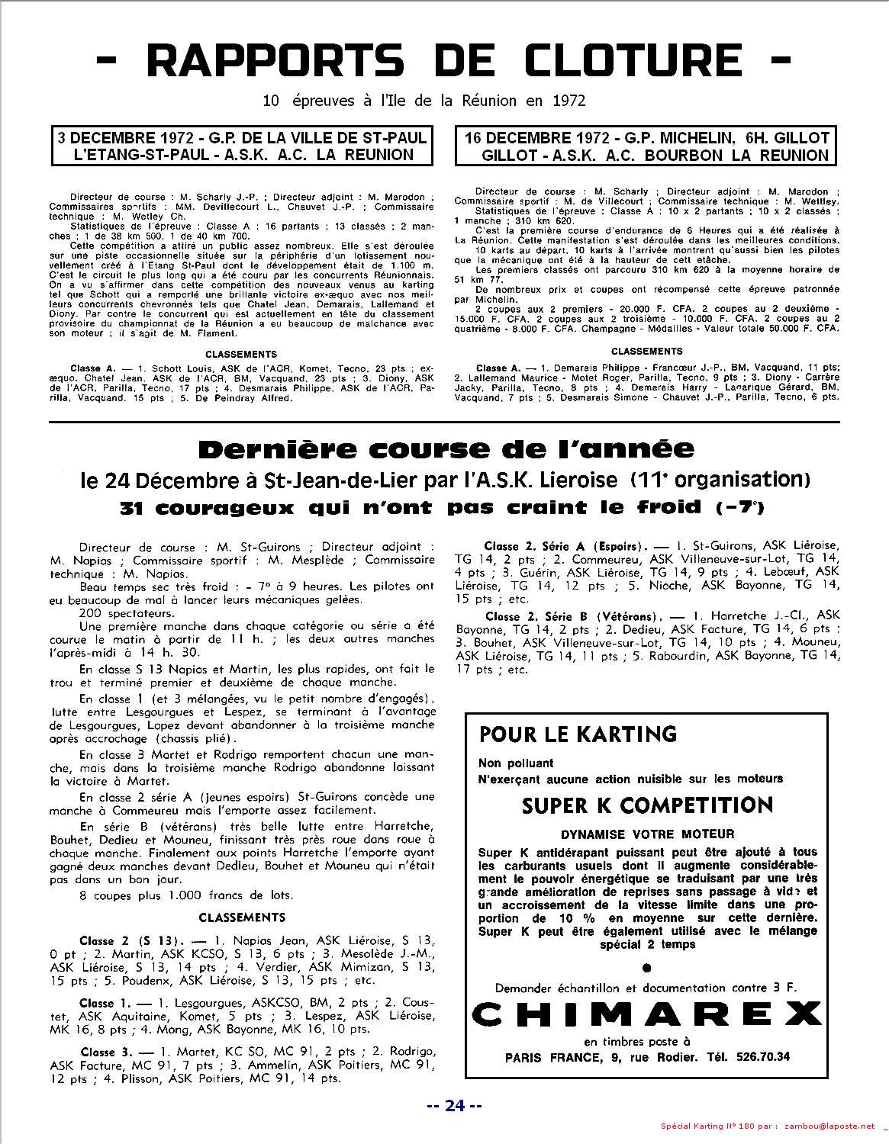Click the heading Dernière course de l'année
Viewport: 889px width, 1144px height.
pyautogui.click(x=446, y=449)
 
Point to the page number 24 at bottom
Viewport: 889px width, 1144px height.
pyautogui.click(x=454, y=1106)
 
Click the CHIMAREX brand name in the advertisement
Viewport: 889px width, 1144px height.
pyautogui.click(x=646, y=1014)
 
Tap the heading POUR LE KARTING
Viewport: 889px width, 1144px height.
pyautogui.click(x=578, y=734)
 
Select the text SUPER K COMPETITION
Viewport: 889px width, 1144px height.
pyautogui.click(x=648, y=805)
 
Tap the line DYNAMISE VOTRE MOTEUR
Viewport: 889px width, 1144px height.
pyautogui.click(x=647, y=834)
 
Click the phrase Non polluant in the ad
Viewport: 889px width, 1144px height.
pyautogui.click(x=516, y=763)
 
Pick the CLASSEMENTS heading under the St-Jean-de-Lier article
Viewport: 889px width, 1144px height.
pyautogui.click(x=242, y=917)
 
